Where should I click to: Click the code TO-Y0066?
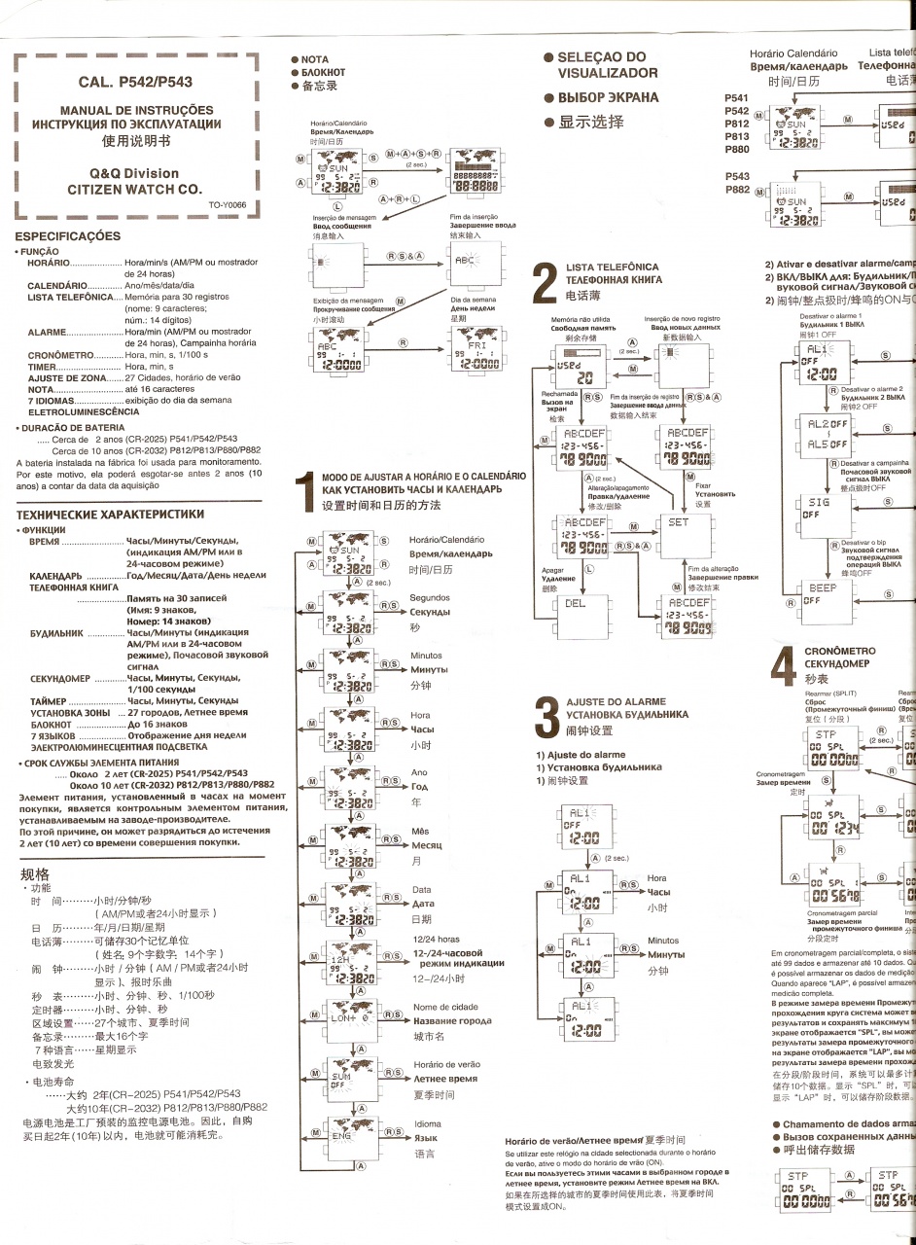click(229, 204)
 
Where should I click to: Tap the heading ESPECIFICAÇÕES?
click(68, 236)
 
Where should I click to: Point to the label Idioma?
click(427, 1123)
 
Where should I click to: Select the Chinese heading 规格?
click(35, 875)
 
